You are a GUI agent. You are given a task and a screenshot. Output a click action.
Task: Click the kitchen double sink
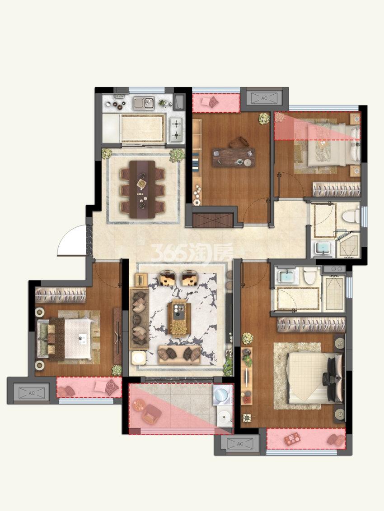click(144, 103)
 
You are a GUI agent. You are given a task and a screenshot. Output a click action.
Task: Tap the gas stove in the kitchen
click(177, 129)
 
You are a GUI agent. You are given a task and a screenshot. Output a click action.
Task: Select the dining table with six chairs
click(142, 189)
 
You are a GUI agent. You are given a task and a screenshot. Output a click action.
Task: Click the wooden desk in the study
click(234, 157)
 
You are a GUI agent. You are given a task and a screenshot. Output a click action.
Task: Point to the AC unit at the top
click(264, 98)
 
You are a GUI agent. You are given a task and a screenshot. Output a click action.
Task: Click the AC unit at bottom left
click(31, 393)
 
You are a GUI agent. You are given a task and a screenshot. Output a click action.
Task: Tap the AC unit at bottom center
click(240, 443)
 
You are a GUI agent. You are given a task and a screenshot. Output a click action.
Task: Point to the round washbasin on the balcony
click(225, 416)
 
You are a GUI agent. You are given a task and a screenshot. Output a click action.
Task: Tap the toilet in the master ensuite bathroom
click(309, 275)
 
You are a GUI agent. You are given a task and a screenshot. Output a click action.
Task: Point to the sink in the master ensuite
click(286, 276)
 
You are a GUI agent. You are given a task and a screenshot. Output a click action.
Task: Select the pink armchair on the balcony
click(151, 413)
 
